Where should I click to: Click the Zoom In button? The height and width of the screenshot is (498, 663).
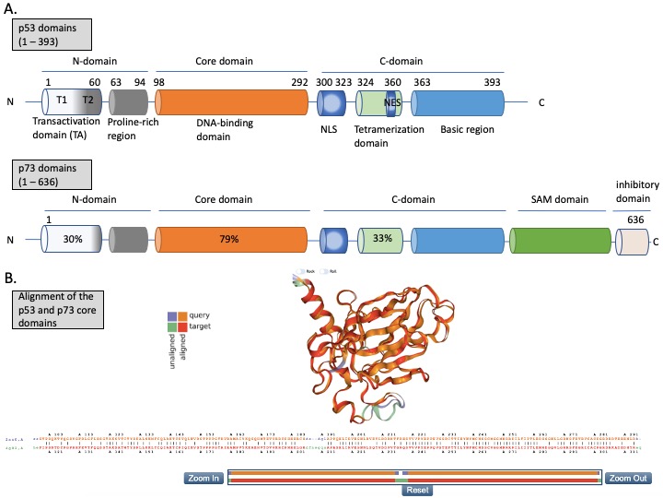click(204, 478)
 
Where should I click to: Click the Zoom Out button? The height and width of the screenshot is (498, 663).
click(627, 478)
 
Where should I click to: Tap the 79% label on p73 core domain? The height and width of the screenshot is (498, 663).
click(228, 239)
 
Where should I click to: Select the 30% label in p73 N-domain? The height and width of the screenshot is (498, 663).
click(71, 239)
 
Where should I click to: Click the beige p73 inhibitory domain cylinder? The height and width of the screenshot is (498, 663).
click(633, 240)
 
